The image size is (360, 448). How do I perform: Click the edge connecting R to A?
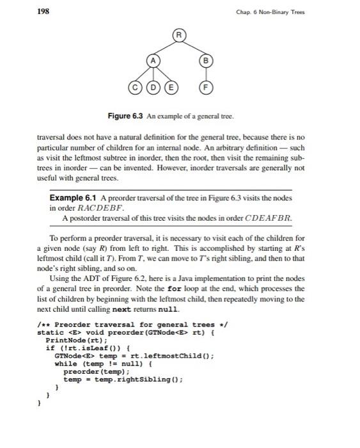click(166, 46)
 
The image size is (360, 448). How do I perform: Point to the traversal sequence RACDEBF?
click(102, 208)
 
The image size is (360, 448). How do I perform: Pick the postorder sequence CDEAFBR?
click(269, 218)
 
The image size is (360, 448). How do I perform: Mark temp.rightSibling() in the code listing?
click(139, 379)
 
